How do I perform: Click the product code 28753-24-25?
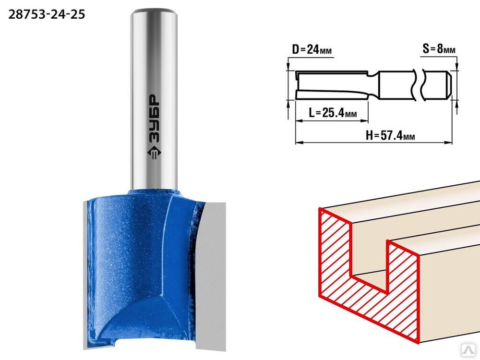pos(47,14)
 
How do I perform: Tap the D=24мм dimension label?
pos(312,49)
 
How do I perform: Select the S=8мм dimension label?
pos(439,48)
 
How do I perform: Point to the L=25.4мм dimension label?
pos(333,113)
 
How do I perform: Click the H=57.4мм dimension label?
pos(390,135)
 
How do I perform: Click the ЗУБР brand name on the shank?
pos(154,119)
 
